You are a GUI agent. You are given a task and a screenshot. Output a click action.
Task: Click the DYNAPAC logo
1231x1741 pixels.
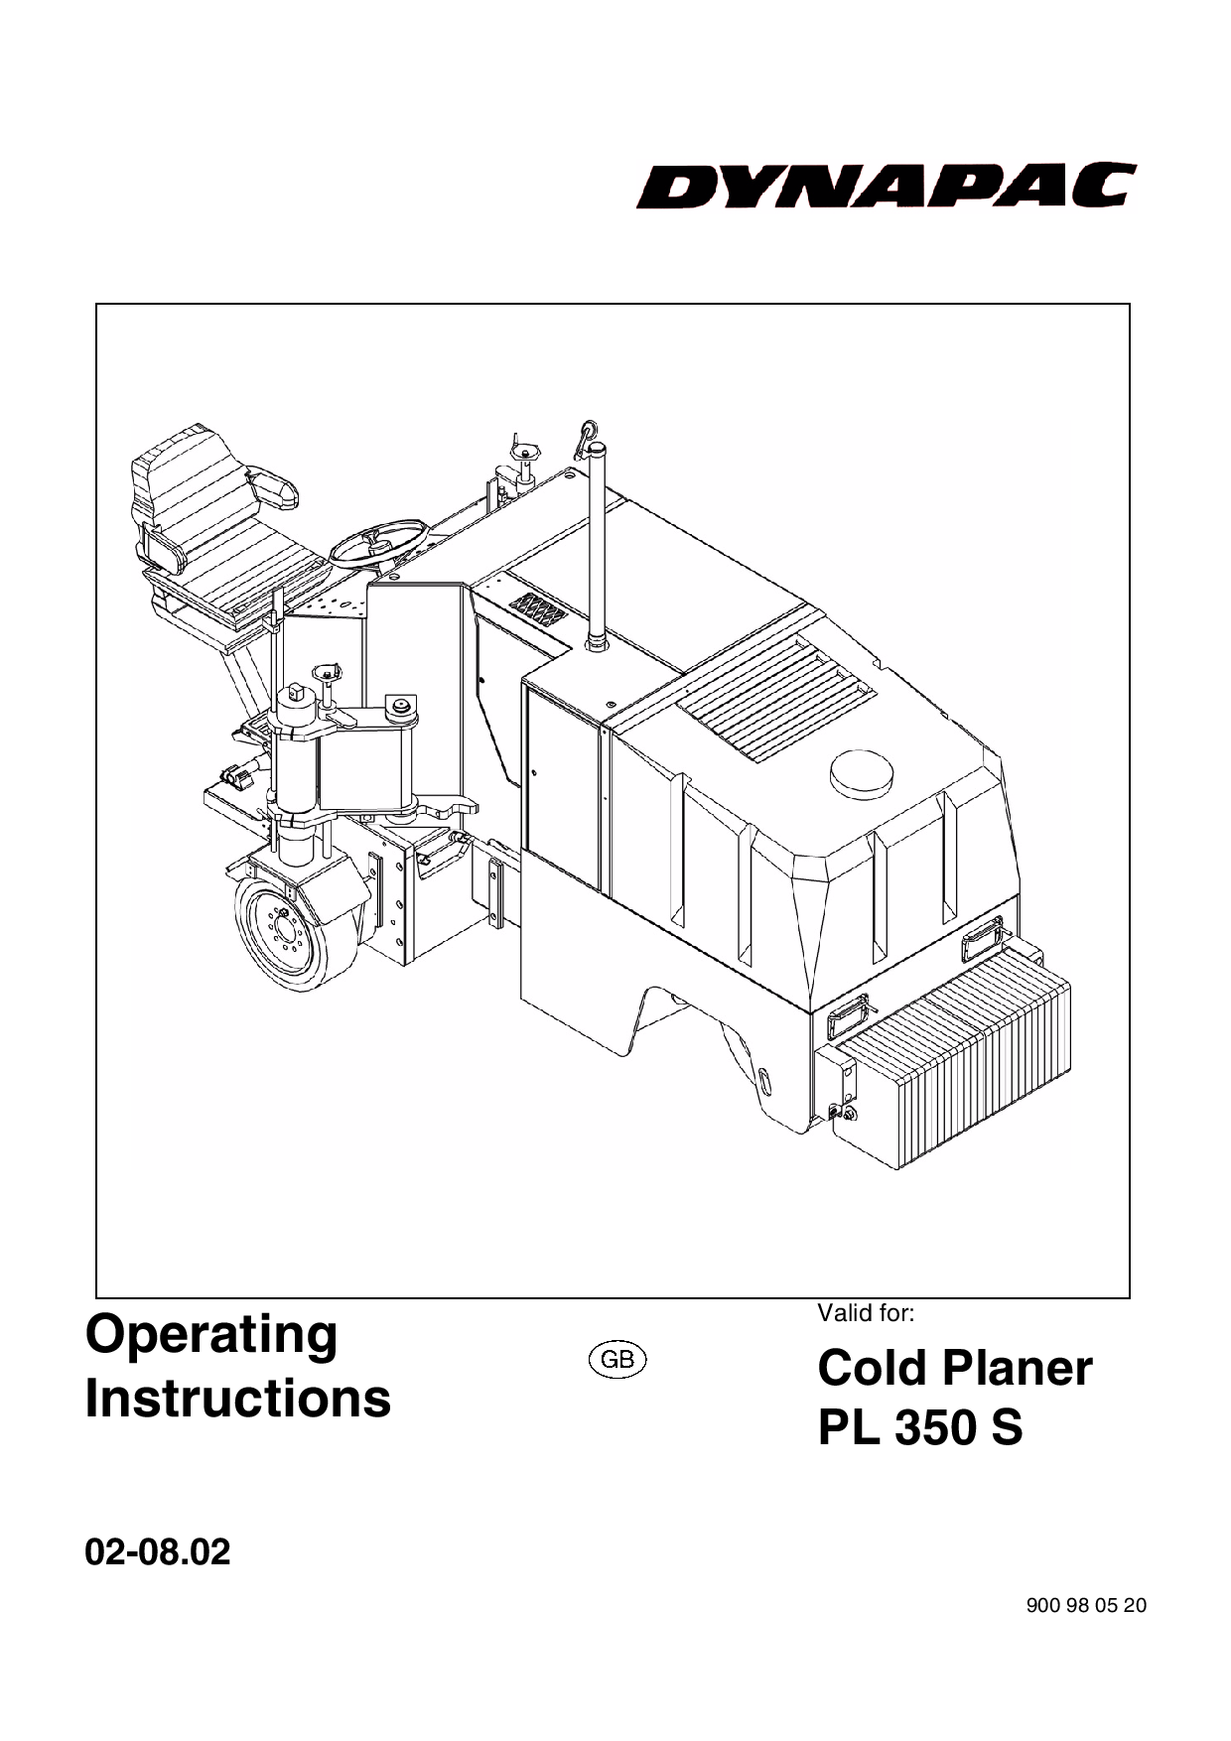(x=886, y=186)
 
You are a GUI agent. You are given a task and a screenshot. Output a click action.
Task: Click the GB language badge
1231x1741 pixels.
(x=617, y=1359)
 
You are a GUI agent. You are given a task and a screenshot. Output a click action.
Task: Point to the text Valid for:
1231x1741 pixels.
(x=865, y=1313)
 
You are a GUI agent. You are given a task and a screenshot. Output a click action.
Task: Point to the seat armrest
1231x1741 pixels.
(x=272, y=488)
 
